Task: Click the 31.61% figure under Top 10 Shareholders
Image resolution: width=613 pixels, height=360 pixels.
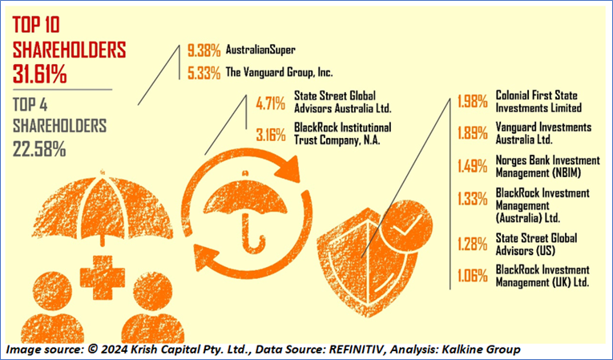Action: (x=40, y=75)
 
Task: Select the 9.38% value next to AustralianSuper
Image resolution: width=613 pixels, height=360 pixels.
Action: (x=204, y=50)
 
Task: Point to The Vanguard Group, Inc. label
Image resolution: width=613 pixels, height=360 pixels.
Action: (x=279, y=71)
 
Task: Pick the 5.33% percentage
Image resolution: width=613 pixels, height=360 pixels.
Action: (x=204, y=71)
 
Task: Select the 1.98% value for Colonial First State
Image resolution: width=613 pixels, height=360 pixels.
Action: (x=473, y=102)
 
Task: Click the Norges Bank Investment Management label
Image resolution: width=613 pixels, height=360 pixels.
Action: (x=542, y=166)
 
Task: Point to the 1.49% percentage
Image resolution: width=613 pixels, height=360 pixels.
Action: (x=473, y=166)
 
